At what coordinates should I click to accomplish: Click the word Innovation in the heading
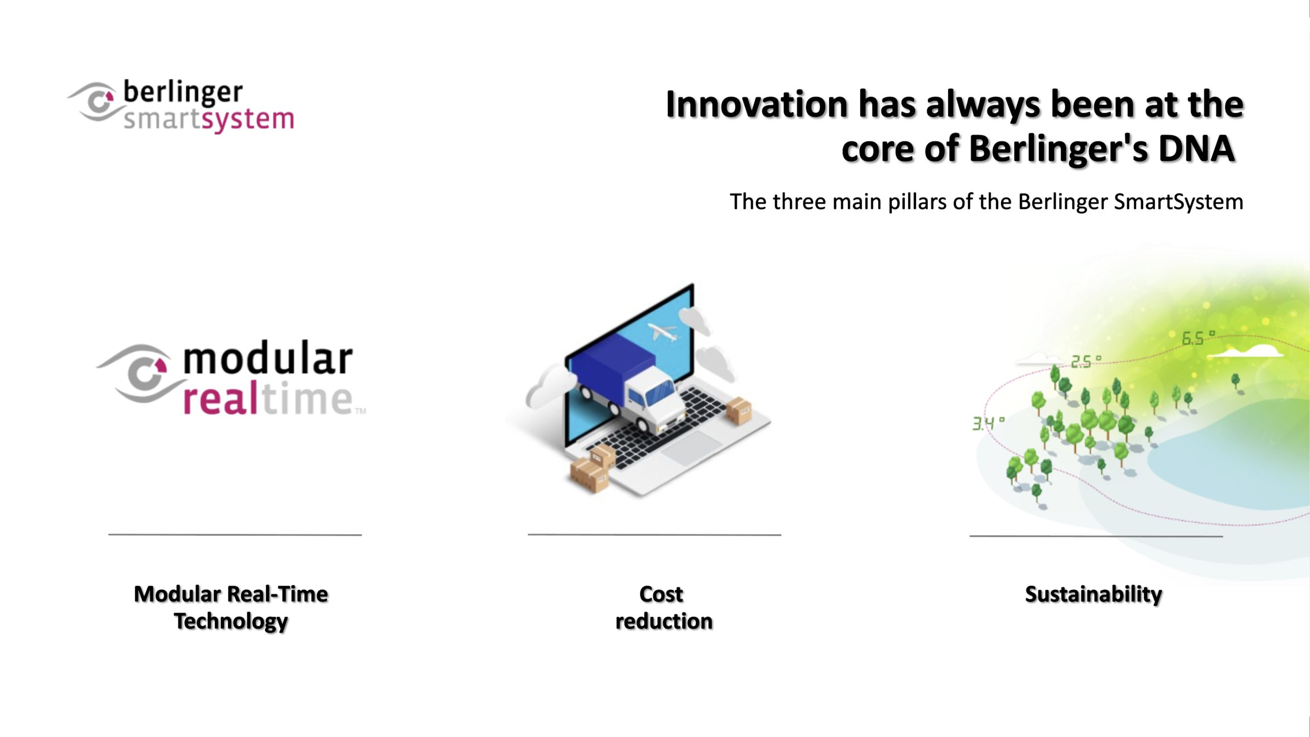757,104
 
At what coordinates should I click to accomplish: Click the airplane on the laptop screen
662,332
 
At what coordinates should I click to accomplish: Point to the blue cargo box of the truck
612,366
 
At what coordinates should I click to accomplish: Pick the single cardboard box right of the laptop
739,410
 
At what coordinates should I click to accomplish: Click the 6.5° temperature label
1198,338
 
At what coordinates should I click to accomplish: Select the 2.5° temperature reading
1086,362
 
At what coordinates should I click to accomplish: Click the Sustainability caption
1094,595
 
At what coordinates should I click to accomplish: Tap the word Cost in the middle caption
661,594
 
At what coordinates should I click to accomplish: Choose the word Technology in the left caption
231,622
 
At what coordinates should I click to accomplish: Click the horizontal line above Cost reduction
654,535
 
